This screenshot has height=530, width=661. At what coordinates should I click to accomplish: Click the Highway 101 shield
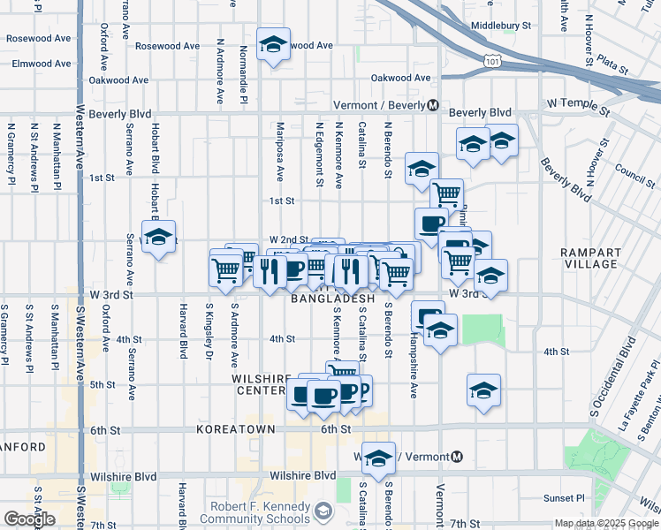tap(492, 59)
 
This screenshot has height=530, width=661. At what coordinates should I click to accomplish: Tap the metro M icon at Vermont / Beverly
tap(432, 105)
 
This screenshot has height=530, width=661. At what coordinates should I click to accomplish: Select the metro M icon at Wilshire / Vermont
tap(457, 457)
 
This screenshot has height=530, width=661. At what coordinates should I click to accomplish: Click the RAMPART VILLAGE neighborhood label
tap(590, 258)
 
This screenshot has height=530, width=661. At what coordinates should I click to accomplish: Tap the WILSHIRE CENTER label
tap(262, 384)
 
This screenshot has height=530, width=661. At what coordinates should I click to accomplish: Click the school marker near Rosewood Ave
tap(273, 43)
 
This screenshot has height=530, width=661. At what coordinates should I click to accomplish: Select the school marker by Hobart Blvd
tap(159, 237)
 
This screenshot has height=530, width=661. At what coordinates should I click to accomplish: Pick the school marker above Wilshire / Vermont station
tap(379, 458)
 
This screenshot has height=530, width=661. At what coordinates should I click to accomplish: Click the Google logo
tap(29, 519)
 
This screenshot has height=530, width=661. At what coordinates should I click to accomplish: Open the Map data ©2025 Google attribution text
tap(605, 523)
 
